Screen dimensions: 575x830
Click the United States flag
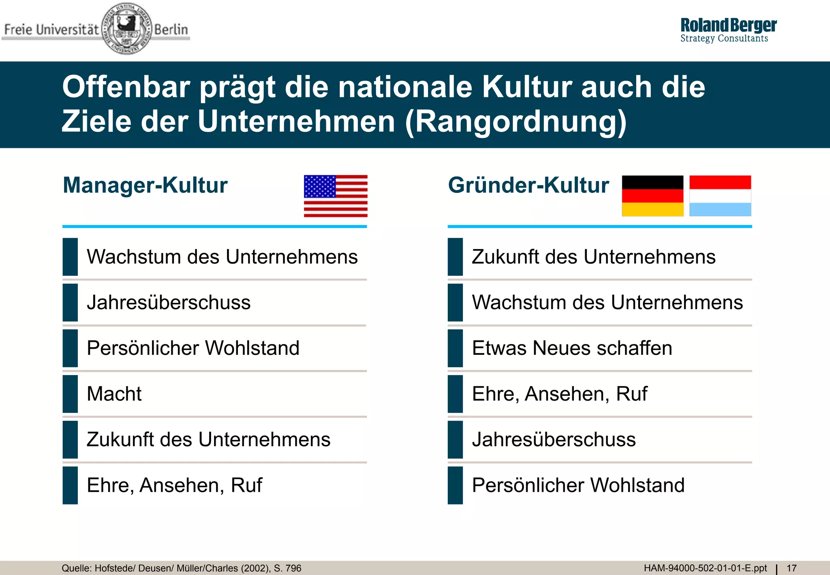pyautogui.click(x=336, y=196)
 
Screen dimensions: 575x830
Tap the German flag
pyautogui.click(x=652, y=196)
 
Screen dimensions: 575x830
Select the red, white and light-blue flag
pyautogui.click(x=720, y=196)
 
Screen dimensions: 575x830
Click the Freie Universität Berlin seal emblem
pyautogui.click(x=126, y=29)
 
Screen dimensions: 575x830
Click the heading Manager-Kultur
pyautogui.click(x=145, y=185)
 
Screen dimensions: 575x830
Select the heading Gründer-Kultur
pyautogui.click(x=528, y=185)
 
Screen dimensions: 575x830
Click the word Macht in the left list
pyautogui.click(x=114, y=394)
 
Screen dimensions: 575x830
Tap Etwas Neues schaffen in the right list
pyautogui.click(x=572, y=348)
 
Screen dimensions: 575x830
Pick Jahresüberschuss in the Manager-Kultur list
pyautogui.click(x=169, y=303)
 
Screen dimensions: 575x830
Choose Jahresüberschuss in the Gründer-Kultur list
pyautogui.click(x=554, y=440)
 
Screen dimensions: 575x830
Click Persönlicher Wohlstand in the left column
pyautogui.click(x=193, y=348)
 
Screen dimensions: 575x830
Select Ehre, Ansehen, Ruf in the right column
pyautogui.click(x=559, y=394)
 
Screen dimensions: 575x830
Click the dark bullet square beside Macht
pyautogui.click(x=70, y=394)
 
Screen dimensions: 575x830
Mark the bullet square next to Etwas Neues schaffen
pyautogui.click(x=455, y=348)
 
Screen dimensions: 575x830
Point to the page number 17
pyautogui.click(x=791, y=568)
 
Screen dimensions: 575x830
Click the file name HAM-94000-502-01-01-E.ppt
pyautogui.click(x=705, y=568)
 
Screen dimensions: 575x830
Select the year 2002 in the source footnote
pyautogui.click(x=255, y=568)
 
